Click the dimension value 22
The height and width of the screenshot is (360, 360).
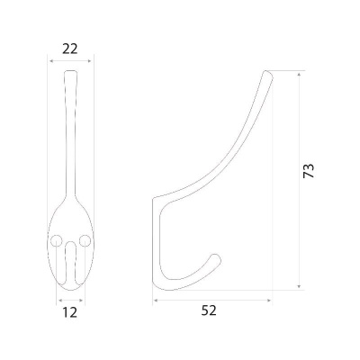(70, 49)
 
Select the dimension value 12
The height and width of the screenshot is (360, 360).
(70, 312)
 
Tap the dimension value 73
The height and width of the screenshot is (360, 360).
(308, 171)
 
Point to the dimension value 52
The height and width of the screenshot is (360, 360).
(209, 310)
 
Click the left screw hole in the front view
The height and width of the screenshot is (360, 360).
(56, 240)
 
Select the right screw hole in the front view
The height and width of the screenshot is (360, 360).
(85, 240)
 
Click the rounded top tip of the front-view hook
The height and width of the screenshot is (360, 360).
(71, 71)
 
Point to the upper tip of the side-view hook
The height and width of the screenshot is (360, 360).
(267, 74)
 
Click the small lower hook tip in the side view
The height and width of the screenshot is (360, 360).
(217, 258)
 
